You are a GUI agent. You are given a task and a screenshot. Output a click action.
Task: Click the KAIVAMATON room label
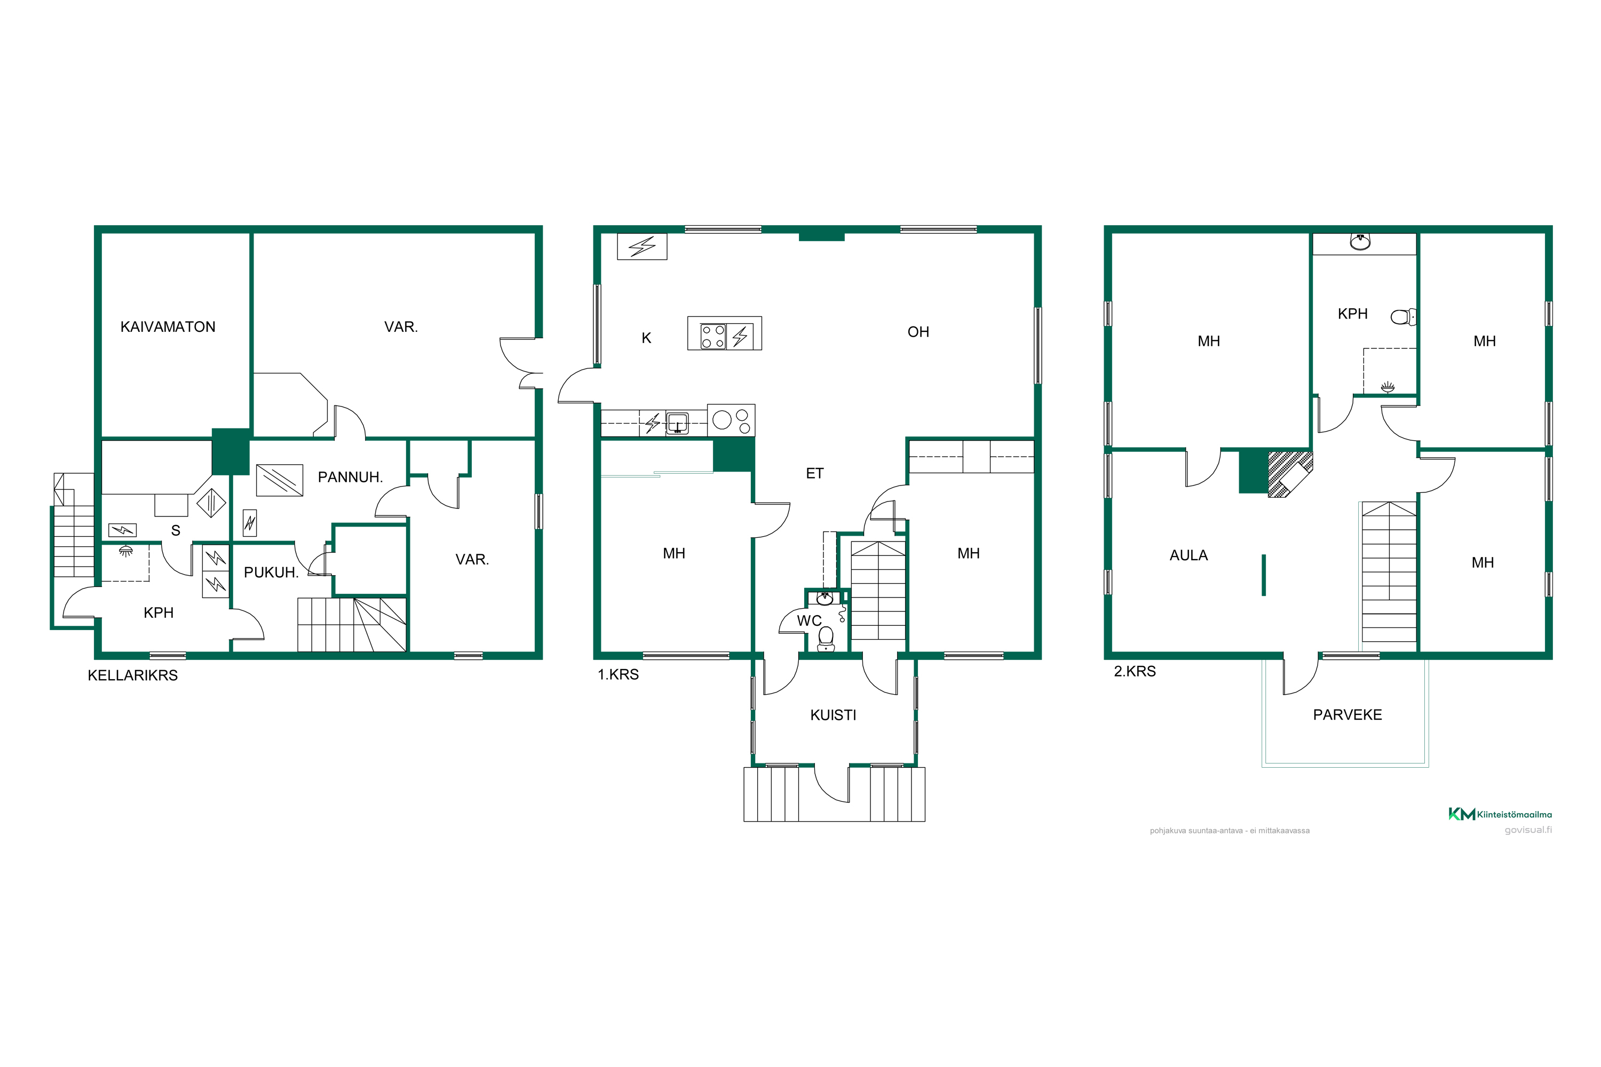tap(168, 327)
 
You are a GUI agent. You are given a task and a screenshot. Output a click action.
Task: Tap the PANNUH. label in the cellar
tap(350, 477)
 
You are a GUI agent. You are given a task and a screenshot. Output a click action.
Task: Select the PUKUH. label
tap(271, 572)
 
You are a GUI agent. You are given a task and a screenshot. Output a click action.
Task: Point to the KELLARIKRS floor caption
tap(133, 675)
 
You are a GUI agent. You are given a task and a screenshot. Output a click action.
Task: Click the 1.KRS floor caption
tap(618, 674)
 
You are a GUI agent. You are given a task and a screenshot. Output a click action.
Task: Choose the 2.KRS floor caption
tap(1135, 671)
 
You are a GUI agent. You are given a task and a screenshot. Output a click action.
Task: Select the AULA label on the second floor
tap(1188, 555)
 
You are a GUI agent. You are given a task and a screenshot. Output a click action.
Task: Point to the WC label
tap(810, 620)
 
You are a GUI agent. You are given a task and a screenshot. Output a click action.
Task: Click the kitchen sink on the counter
tap(677, 423)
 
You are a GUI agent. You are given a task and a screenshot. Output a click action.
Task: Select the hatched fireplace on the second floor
tap(1290, 474)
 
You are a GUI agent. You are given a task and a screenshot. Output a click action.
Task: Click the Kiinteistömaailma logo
tap(1500, 814)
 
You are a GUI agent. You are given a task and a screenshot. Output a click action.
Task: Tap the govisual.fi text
tap(1528, 830)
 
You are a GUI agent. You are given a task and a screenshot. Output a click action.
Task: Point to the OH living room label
tap(918, 332)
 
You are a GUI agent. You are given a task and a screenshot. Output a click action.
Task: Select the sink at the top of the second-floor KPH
tap(1360, 242)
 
